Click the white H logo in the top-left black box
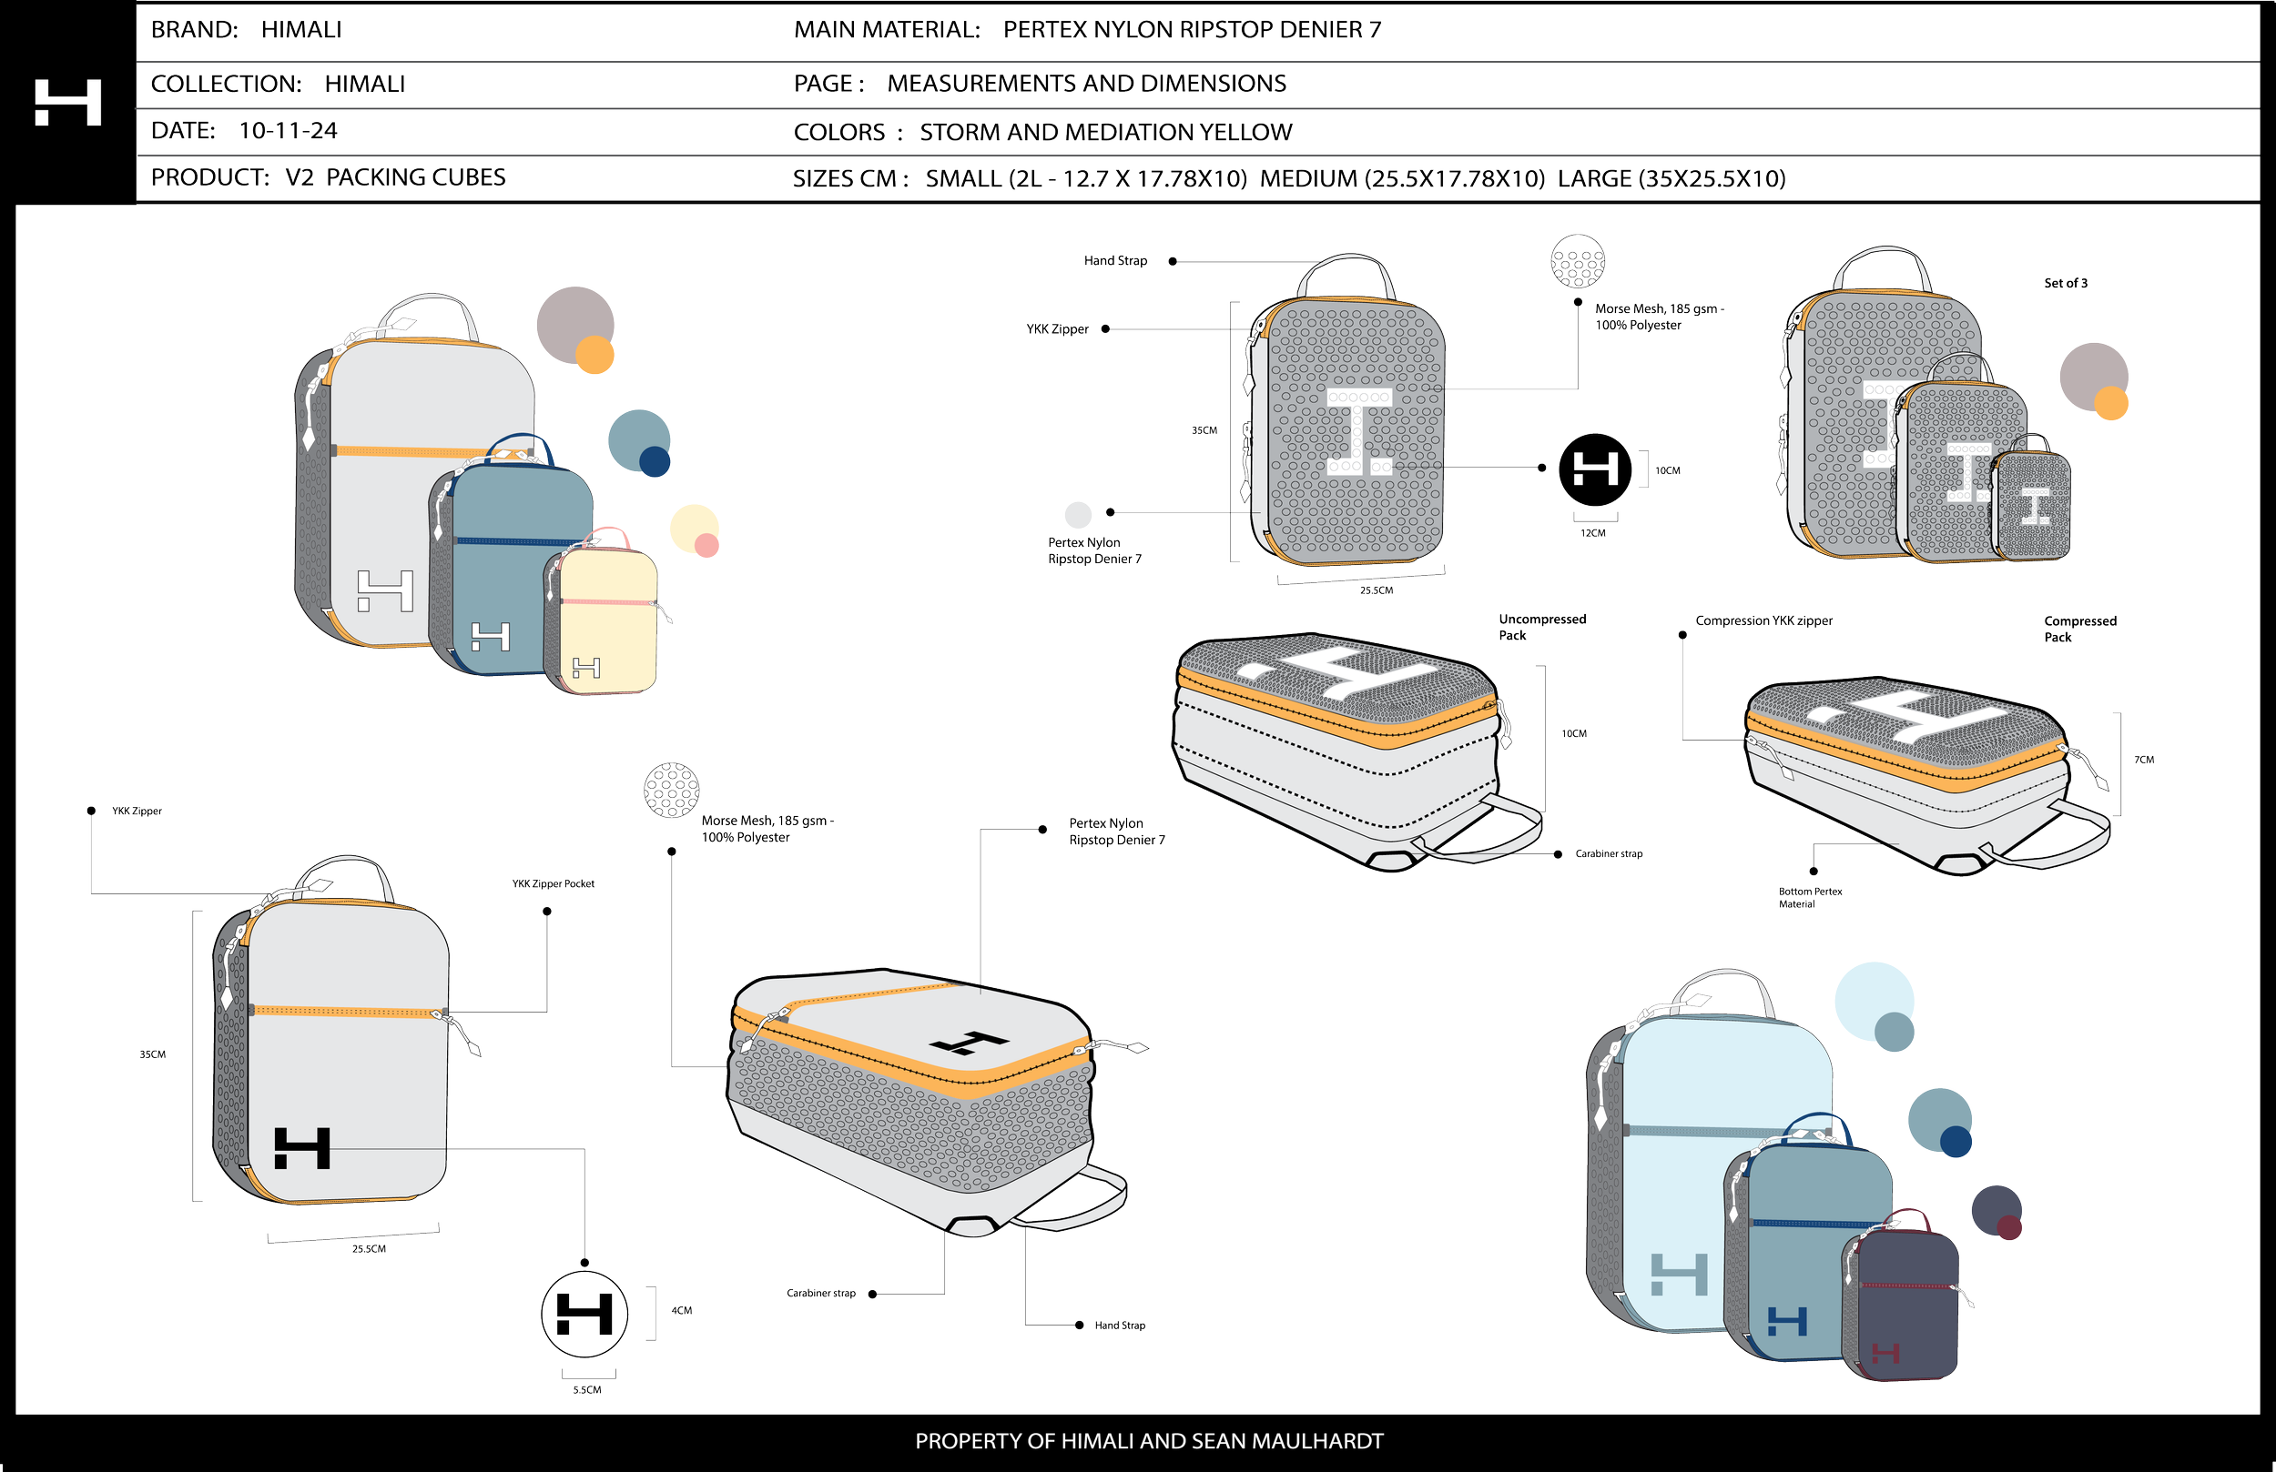[x=68, y=102]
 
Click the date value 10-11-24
[x=288, y=131]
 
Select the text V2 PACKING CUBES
[x=395, y=177]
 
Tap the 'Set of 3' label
[x=2066, y=284]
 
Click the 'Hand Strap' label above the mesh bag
[x=1115, y=261]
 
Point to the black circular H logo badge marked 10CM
[x=1595, y=469]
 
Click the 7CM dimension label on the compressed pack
[x=2144, y=760]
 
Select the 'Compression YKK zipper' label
[x=1763, y=621]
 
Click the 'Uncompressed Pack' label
[x=1540, y=627]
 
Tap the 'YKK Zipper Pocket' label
[x=553, y=884]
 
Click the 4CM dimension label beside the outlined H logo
[x=681, y=1311]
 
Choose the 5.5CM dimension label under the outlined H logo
[x=587, y=1391]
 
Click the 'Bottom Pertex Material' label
[x=1809, y=899]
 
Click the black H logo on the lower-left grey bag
[x=302, y=1148]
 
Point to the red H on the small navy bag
[x=1885, y=1354]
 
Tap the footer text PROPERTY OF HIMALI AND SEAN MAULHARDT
[x=1149, y=1441]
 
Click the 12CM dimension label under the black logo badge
[x=1593, y=533]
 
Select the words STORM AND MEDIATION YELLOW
[x=1105, y=133]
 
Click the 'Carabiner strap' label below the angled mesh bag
[x=820, y=1294]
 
